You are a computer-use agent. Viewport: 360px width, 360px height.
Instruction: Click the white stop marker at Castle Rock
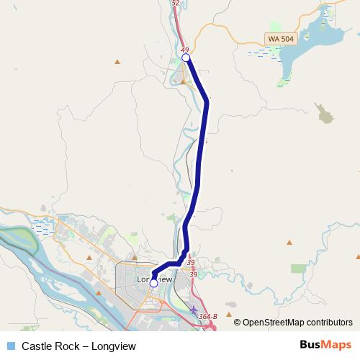click(186, 58)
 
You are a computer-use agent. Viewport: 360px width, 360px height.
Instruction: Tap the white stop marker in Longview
click(153, 284)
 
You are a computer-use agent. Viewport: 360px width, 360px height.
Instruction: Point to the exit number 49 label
click(184, 49)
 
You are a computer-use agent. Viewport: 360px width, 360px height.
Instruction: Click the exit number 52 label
click(176, 3)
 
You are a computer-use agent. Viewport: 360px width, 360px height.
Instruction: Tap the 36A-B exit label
click(208, 316)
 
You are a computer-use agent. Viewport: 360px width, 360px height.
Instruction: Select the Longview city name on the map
click(154, 278)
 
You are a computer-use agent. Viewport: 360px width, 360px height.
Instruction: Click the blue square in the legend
click(11, 346)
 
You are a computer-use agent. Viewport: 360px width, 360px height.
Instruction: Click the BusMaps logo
click(325, 345)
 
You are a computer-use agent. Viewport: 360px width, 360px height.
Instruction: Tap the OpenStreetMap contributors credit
click(297, 323)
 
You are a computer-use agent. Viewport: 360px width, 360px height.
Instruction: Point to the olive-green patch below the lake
click(325, 112)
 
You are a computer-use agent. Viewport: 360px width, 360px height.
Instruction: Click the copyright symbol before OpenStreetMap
click(238, 323)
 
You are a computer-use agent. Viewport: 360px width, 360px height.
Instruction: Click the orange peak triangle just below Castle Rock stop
click(184, 81)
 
